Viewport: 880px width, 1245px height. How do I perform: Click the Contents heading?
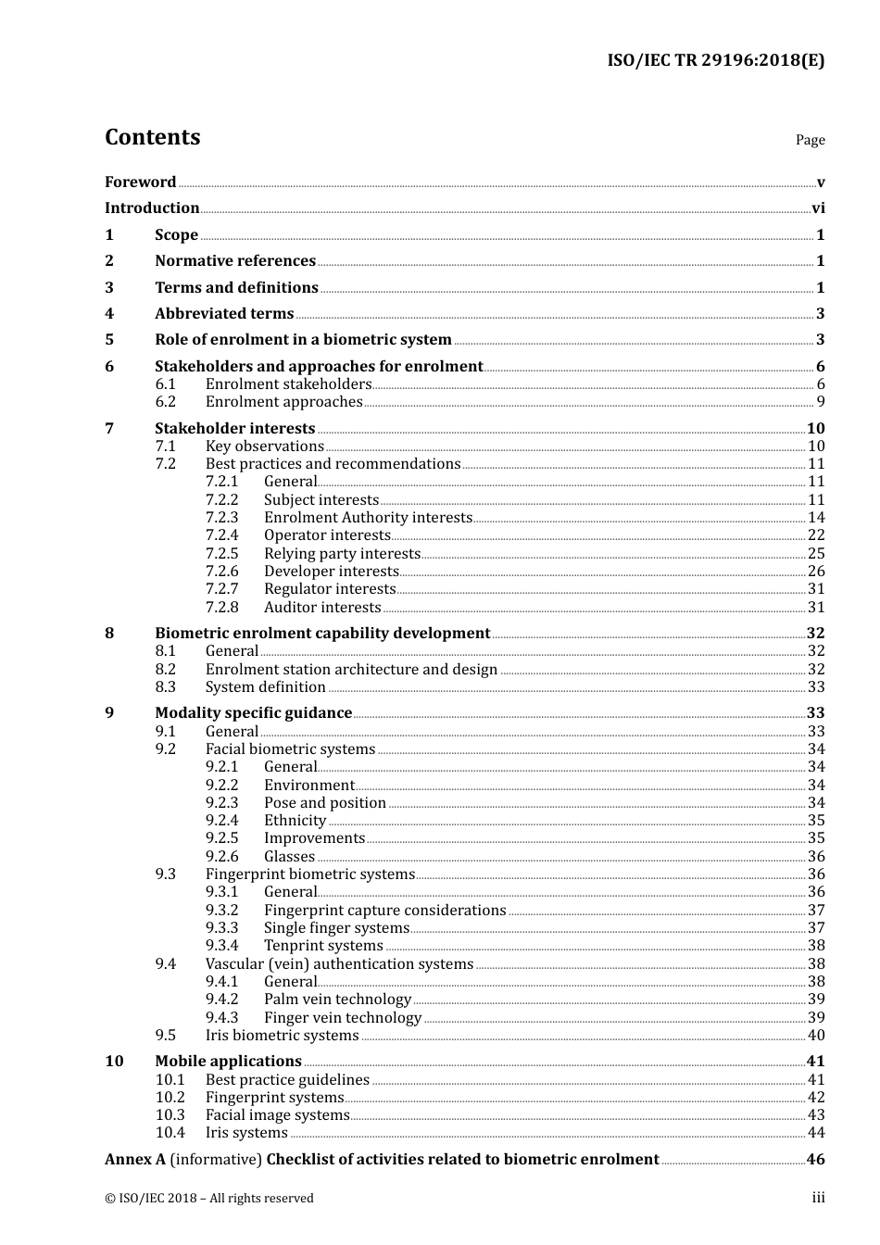click(x=152, y=137)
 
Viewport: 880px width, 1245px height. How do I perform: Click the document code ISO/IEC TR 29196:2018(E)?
click(x=715, y=60)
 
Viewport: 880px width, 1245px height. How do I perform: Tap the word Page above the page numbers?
click(x=810, y=140)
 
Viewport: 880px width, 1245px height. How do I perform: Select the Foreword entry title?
click(x=140, y=182)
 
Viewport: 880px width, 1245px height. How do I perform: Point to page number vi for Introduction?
click(x=818, y=208)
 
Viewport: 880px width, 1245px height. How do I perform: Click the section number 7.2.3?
click(x=221, y=518)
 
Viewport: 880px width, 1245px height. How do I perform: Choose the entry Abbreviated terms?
click(x=224, y=314)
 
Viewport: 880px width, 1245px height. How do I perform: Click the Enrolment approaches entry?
click(x=283, y=402)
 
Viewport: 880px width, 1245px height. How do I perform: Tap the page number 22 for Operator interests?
click(x=815, y=535)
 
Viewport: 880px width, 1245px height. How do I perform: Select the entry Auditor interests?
click(x=322, y=608)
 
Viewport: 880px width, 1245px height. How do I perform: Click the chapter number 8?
click(x=109, y=634)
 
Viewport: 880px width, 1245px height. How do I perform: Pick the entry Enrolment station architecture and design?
click(x=351, y=670)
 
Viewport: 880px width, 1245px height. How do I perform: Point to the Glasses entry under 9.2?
click(x=289, y=857)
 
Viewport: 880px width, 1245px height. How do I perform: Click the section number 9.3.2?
click(x=221, y=911)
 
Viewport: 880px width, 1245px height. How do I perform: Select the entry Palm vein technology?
click(x=337, y=1000)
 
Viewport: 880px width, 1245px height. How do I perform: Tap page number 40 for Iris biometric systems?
click(x=815, y=1036)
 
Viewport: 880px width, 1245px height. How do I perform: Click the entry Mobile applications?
click(x=228, y=1062)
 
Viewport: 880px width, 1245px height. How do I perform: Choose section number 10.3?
click(x=170, y=1115)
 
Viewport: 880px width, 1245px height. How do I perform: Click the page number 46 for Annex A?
click(x=815, y=1160)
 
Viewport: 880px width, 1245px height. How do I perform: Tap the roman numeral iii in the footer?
click(x=818, y=1198)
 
